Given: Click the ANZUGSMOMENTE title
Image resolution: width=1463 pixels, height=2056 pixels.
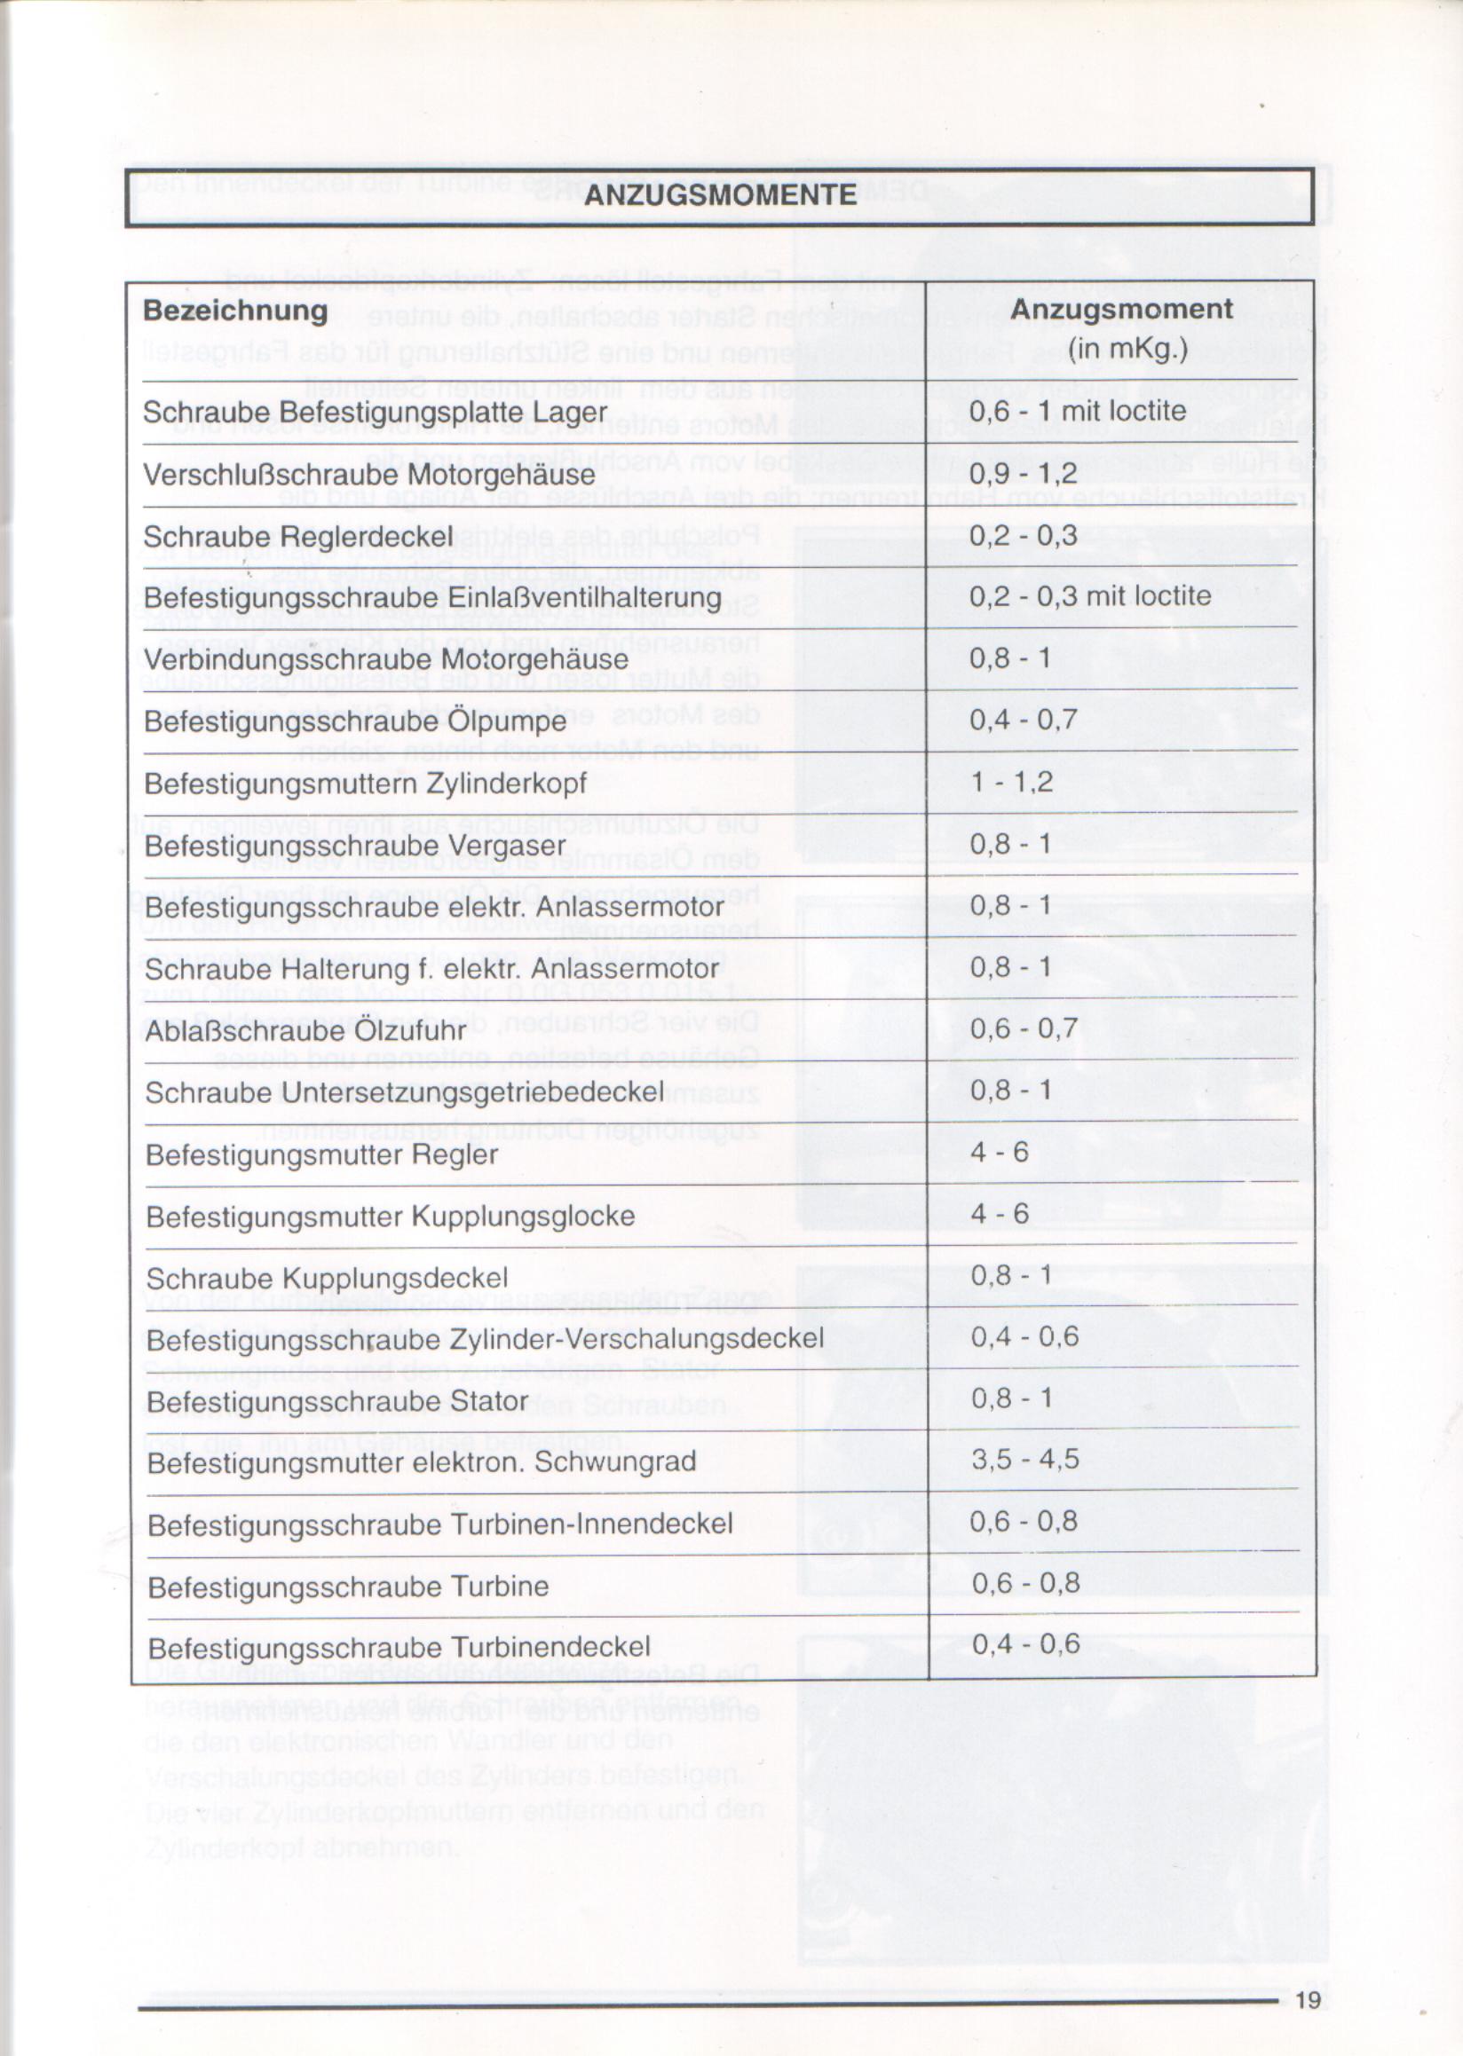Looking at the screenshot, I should [x=721, y=195].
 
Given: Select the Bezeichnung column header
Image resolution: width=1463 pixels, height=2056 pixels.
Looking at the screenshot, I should [x=235, y=311].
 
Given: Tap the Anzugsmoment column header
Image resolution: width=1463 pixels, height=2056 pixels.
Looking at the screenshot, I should [x=1121, y=309].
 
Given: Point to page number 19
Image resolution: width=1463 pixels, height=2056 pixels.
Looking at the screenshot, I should [x=1307, y=2000].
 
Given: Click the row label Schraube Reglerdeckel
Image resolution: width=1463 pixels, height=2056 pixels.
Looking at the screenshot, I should [x=298, y=537].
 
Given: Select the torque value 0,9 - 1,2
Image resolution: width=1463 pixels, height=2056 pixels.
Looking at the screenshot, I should [x=1023, y=473].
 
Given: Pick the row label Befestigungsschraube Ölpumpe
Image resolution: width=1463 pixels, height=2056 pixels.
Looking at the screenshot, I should [x=355, y=721].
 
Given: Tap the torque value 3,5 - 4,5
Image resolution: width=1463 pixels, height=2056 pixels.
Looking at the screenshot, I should [x=1024, y=1460].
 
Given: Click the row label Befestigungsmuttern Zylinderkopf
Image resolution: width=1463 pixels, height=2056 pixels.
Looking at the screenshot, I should [x=365, y=784].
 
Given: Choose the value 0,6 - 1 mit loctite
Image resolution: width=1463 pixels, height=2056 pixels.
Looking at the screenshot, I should [x=1078, y=411].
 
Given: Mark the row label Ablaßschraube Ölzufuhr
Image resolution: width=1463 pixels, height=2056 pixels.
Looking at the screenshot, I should [x=305, y=1030].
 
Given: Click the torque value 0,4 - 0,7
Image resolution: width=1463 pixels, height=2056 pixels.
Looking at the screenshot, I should [x=1023, y=720].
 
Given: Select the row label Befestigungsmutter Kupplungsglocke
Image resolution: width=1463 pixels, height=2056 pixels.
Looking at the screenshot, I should [x=390, y=1217].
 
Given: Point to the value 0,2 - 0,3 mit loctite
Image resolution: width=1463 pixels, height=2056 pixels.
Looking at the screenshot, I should [x=1090, y=596].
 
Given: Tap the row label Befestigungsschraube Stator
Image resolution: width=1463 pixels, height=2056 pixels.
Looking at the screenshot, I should [x=337, y=1402].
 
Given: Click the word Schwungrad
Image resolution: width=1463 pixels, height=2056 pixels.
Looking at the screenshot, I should [x=615, y=1461].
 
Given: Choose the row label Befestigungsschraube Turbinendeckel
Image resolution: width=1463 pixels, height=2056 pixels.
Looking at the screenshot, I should [x=399, y=1648].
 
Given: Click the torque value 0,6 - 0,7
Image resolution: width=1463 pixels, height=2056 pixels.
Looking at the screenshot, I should [x=1024, y=1028].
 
